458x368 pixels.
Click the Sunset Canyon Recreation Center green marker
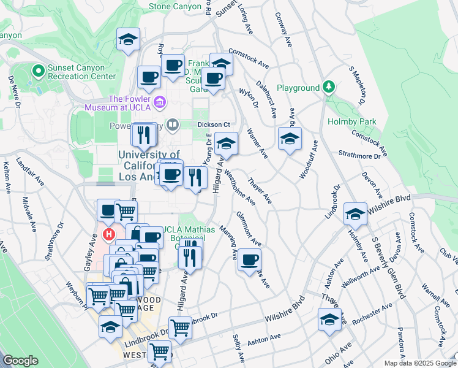click(x=38, y=71)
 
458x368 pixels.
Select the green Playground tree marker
click(x=329, y=87)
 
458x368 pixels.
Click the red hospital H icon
click(x=110, y=234)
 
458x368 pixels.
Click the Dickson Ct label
click(x=212, y=123)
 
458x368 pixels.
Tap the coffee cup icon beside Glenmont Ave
click(x=249, y=260)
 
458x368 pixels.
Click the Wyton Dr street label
click(x=247, y=95)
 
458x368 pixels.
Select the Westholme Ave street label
click(x=240, y=187)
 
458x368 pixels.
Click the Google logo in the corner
click(x=20, y=361)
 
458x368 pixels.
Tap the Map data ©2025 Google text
click(x=419, y=363)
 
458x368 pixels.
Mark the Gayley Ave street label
click(x=89, y=256)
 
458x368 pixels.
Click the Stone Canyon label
click(x=175, y=6)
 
